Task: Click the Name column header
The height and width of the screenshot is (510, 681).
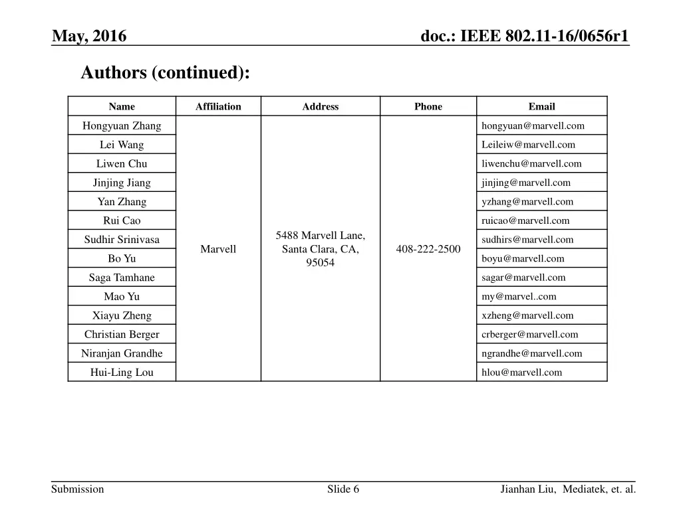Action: click(122, 106)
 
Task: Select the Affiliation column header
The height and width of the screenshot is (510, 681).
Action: click(218, 106)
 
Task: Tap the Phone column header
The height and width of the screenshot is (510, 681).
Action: click(428, 106)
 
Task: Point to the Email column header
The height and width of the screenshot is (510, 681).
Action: click(541, 106)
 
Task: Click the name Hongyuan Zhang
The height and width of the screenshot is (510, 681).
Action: click(122, 126)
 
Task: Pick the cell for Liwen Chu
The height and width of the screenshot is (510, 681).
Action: click(122, 163)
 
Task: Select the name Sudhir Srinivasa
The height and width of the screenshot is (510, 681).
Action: click(122, 240)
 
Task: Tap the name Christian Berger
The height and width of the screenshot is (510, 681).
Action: click(122, 335)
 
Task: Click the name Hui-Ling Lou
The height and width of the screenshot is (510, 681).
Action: click(122, 373)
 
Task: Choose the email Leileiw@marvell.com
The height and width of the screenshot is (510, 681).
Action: click(528, 145)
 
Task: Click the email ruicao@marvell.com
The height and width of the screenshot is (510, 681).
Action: click(525, 220)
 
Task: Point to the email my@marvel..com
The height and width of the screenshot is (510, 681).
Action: click(519, 297)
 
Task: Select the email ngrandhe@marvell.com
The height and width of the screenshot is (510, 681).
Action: click(531, 353)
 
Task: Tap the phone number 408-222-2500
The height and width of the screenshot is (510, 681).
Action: click(428, 249)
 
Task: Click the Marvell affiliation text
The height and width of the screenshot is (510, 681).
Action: click(218, 249)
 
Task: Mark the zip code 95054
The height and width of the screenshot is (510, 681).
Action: click(321, 263)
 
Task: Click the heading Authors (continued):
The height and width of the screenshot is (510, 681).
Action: click(166, 72)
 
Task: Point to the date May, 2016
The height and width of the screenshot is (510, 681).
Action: click(90, 36)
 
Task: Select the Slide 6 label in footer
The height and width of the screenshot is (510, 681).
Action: click(343, 489)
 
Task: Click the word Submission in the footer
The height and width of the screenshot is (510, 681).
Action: click(78, 489)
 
